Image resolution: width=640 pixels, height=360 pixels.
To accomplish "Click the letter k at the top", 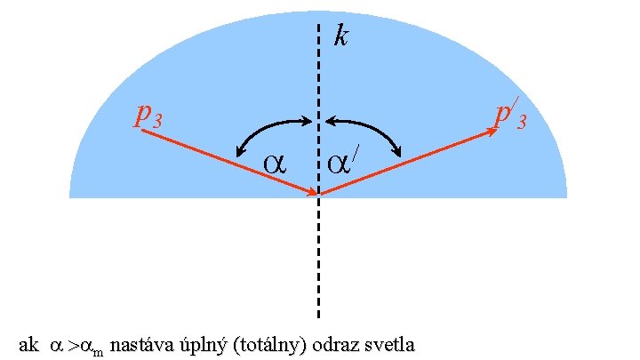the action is [340, 36].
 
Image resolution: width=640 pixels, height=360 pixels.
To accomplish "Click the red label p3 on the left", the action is [148, 115].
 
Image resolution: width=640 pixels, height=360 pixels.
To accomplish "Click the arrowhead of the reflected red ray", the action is [492, 132].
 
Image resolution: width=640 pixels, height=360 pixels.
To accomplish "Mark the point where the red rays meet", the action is [318, 194].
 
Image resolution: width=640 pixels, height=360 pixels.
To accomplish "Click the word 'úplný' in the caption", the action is [200, 344].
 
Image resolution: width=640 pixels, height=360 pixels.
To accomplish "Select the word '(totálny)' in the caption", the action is [266, 344].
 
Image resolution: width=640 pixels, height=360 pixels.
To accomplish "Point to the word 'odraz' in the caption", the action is [332, 344].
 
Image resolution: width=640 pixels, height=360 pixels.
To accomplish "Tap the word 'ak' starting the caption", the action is [28, 344].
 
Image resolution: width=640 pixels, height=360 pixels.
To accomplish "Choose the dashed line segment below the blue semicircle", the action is [318, 258].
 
